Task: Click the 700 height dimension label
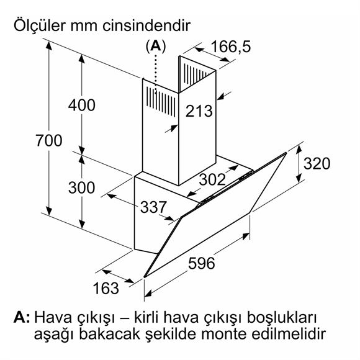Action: [48, 140]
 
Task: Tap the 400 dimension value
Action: [82, 105]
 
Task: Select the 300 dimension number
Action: [82, 187]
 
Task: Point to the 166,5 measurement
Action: [231, 47]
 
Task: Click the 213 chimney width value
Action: [199, 111]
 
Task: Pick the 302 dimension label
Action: [212, 179]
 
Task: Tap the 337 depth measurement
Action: [153, 207]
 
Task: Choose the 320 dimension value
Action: [317, 163]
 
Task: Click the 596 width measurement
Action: [202, 263]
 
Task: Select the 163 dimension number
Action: [106, 288]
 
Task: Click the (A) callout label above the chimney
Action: [156, 46]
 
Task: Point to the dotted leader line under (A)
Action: [156, 74]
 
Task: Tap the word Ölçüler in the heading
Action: [40, 25]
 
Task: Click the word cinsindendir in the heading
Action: [146, 25]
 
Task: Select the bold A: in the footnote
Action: [22, 317]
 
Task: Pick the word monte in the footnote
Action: [224, 335]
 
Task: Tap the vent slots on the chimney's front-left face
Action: [161, 101]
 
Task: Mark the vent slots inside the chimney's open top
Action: [197, 74]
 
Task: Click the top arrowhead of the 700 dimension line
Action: [48, 45]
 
